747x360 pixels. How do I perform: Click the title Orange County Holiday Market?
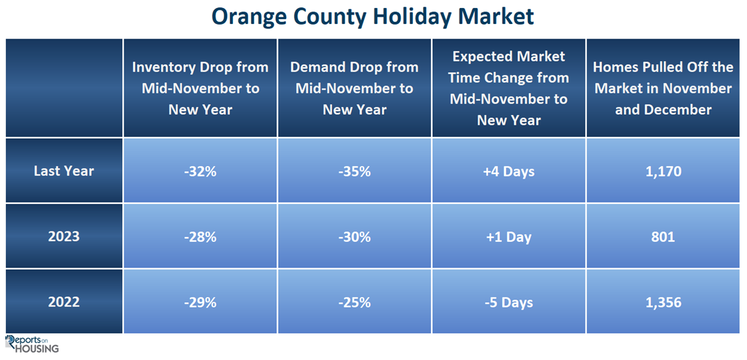tap(373, 17)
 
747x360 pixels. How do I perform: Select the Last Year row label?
tap(64, 171)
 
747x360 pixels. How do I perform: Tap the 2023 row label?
tap(64, 236)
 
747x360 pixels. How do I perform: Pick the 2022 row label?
tap(64, 302)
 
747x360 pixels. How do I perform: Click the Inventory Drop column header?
tap(200, 88)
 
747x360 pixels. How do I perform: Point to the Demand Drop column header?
tap(355, 88)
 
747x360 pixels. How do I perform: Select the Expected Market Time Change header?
tap(509, 88)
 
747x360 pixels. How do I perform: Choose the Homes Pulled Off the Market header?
tap(663, 88)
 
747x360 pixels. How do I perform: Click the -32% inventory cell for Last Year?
tap(200, 171)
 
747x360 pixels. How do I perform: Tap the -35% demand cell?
tap(355, 171)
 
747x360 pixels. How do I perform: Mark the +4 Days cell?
tap(509, 171)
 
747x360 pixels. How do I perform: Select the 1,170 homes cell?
tap(663, 171)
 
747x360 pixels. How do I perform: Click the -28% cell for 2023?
tap(200, 236)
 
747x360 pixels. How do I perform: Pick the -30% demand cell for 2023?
tap(355, 236)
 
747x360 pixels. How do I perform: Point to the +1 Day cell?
tap(509, 236)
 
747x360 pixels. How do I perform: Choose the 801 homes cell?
tap(663, 236)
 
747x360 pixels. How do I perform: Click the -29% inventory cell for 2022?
tap(200, 302)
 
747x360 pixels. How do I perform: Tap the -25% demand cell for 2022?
tap(355, 302)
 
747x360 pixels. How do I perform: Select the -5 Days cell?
tap(509, 302)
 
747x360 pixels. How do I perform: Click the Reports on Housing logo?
tap(33, 344)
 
